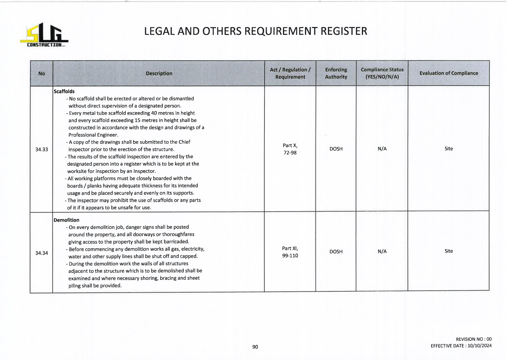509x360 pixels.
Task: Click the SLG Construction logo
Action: pos(44,35)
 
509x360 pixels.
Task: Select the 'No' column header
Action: pos(41,73)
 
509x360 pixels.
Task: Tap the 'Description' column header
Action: pos(159,73)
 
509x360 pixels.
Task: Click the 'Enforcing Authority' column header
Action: pos(336,73)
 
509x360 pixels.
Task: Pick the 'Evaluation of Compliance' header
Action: pos(448,73)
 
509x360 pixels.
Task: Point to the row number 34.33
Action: pos(41,150)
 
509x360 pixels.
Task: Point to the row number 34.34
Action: pos(41,253)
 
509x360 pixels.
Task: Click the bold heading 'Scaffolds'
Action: pos(64,91)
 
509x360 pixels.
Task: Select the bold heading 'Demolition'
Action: pos(66,220)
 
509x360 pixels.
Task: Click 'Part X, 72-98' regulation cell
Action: pos(290,149)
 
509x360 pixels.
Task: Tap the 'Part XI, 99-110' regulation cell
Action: pos(290,252)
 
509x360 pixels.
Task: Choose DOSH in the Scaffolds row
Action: pos(336,149)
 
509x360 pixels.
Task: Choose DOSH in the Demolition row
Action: pos(336,252)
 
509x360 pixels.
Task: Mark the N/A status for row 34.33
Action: pos(382,149)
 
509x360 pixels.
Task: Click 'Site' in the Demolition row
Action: pos(448,251)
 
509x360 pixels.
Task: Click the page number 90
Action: pos(255,347)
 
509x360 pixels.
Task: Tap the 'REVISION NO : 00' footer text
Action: pos(474,339)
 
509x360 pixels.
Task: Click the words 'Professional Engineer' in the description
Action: pos(93,135)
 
